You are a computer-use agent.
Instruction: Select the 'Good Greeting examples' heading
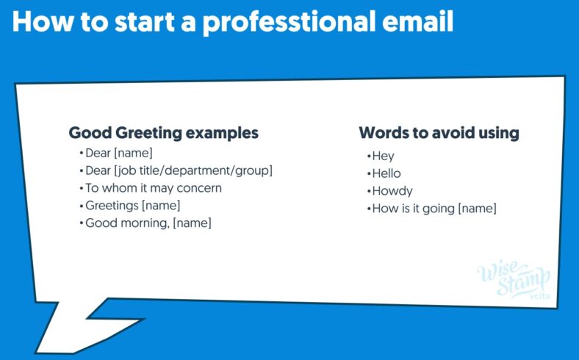[x=163, y=133]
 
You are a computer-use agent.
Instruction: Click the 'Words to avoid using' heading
[x=439, y=133]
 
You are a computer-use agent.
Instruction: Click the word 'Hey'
[x=382, y=156]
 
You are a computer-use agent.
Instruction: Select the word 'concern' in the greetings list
[x=198, y=188]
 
